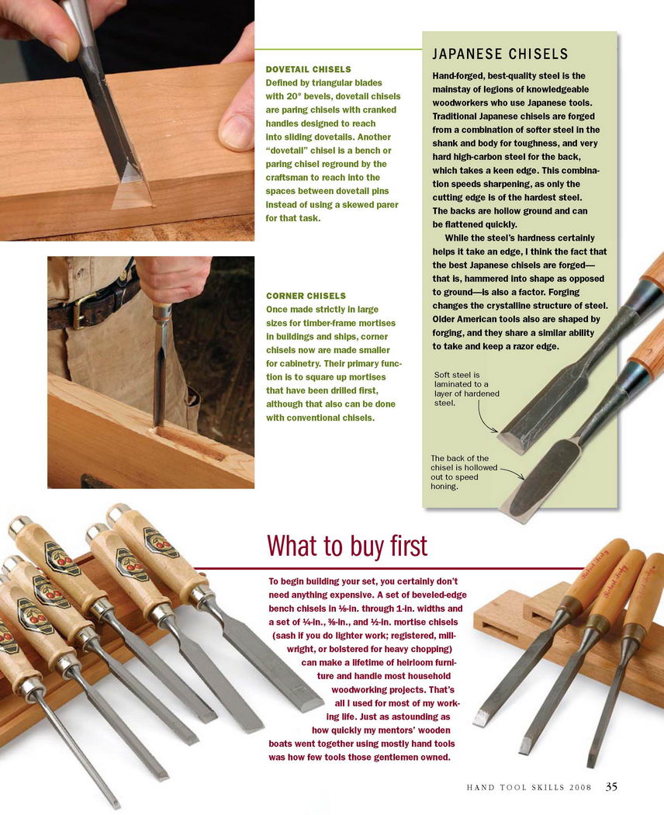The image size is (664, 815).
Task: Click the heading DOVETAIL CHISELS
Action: [x=308, y=69]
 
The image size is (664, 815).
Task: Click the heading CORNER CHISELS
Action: [x=306, y=296]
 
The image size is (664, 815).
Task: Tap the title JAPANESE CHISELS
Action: [x=500, y=54]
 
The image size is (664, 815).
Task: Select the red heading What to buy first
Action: [x=347, y=546]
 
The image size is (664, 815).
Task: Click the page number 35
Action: [x=611, y=787]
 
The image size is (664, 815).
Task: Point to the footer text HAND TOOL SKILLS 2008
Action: [x=529, y=788]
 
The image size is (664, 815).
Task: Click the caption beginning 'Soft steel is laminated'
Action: [x=466, y=389]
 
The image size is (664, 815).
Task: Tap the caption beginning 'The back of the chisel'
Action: [x=463, y=473]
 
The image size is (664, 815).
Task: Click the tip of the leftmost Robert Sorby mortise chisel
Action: [x=480, y=720]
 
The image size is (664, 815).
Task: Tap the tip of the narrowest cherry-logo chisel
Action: [x=116, y=805]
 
